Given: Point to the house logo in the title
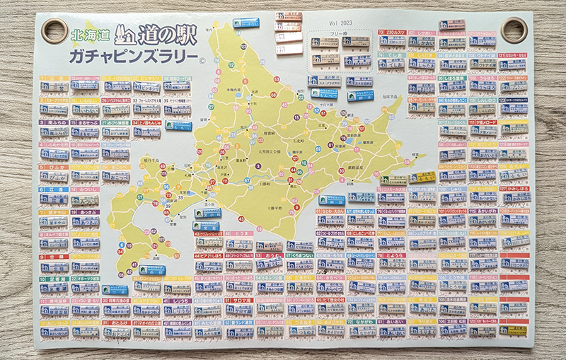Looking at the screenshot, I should (x=125, y=33).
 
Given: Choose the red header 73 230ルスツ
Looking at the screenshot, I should (x=391, y=33).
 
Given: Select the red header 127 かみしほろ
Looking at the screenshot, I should (x=514, y=189).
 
